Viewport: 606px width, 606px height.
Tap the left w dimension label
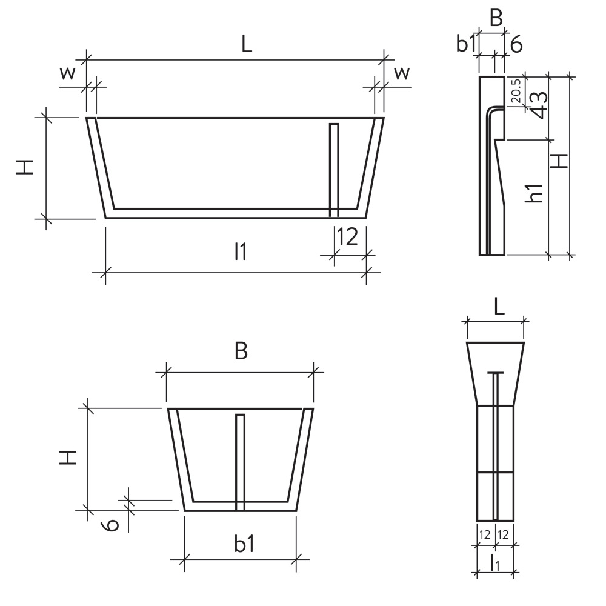coord(68,74)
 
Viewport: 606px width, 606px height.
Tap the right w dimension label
coord(402,74)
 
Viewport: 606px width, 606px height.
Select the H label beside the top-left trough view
coord(25,166)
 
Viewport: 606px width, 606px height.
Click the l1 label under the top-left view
coord(241,252)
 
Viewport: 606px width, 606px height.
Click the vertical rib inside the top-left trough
coord(333,170)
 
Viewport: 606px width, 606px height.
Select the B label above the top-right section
coord(496,19)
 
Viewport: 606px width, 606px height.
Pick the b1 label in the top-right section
coord(467,44)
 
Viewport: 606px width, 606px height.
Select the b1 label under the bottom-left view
coord(244,544)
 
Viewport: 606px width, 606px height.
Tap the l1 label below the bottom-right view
coord(495,563)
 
